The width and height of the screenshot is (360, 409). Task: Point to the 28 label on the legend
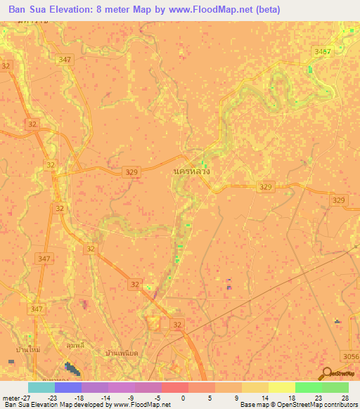click(345, 398)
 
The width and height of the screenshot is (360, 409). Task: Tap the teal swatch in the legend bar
click(41, 387)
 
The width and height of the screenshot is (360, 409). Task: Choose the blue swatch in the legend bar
click(67, 387)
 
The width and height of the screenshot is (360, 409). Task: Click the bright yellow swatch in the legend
click(281, 387)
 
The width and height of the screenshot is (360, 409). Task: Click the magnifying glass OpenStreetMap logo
click(327, 374)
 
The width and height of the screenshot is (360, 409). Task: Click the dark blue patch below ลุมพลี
click(72, 368)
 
